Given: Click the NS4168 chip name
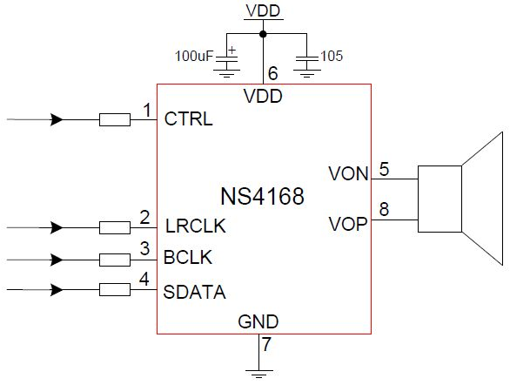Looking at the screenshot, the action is click(263, 196).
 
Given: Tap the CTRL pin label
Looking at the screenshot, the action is click(188, 118).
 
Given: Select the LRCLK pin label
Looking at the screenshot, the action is click(196, 226).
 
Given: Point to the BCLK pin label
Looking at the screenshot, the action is click(188, 257).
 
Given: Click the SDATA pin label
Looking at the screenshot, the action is click(194, 292).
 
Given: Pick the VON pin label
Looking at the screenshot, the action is click(348, 173).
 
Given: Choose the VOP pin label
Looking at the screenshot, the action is click(348, 224).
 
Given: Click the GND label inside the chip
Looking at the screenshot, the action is click(258, 321).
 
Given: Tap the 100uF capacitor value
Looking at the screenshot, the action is click(194, 56).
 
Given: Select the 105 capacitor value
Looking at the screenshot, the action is click(332, 56).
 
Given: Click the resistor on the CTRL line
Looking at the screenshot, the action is click(115, 119).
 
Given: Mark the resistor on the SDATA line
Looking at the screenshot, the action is click(115, 289).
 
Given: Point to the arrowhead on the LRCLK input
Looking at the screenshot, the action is click(57, 227).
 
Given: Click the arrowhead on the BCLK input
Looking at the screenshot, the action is click(57, 260).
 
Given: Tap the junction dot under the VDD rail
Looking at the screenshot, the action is click(263, 34).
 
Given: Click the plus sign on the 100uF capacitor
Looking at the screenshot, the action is click(232, 51).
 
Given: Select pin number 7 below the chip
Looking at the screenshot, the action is click(266, 344).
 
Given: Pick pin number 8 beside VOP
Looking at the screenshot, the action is click(384, 209).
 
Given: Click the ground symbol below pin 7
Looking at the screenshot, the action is click(258, 374).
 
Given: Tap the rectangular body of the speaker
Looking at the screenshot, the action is click(440, 199).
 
